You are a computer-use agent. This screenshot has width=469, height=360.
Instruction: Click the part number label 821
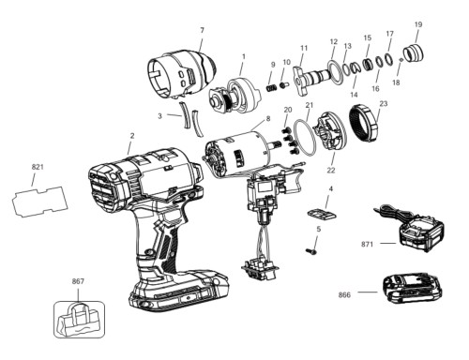pyautogui.click(x=38, y=167)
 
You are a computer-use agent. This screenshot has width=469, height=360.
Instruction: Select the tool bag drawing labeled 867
pyautogui.click(x=79, y=320)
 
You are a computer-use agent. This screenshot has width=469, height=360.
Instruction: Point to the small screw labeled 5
pyautogui.click(x=311, y=250)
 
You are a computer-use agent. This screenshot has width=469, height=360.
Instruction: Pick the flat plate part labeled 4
pyautogui.click(x=322, y=214)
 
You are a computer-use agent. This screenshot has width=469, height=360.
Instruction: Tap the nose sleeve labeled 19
pyautogui.click(x=414, y=52)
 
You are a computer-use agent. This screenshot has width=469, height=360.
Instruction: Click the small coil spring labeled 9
pyautogui.click(x=271, y=88)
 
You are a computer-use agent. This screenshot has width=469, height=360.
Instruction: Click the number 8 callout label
pyautogui.click(x=267, y=119)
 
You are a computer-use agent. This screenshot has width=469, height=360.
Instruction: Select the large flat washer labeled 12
pyautogui.click(x=335, y=72)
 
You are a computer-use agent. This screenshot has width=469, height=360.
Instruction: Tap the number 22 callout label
pyautogui.click(x=331, y=171)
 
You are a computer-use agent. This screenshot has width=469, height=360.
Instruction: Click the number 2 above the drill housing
pyautogui.click(x=132, y=136)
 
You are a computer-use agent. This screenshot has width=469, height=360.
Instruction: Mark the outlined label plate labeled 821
pyautogui.click(x=39, y=201)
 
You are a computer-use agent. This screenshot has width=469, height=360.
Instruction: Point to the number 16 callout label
pyautogui.click(x=375, y=88)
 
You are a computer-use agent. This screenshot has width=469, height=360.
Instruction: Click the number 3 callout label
pyautogui.click(x=160, y=116)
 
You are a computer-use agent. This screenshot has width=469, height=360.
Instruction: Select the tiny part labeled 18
pyautogui.click(x=401, y=60)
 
